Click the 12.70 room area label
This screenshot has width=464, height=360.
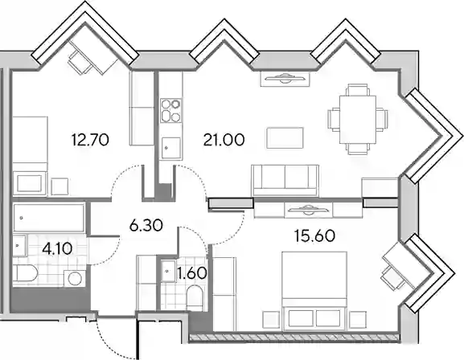pyautogui.click(x=90, y=140)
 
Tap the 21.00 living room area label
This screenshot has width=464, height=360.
pyautogui.click(x=224, y=140)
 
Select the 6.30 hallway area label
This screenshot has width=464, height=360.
pyautogui.click(x=146, y=226)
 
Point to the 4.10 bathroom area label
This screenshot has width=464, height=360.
pyautogui.click(x=57, y=248)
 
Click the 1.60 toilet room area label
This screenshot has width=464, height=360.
pyautogui.click(x=191, y=272)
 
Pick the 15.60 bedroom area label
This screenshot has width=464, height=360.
pyautogui.click(x=314, y=235)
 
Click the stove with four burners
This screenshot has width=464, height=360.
pyautogui.click(x=170, y=111)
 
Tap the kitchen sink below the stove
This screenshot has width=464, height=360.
pyautogui.click(x=170, y=148)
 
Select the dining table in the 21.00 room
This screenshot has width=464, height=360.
pyautogui.click(x=358, y=119)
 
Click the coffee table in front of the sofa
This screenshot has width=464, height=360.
pyautogui.click(x=285, y=137)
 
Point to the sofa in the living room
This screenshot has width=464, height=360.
pyautogui.click(x=285, y=181)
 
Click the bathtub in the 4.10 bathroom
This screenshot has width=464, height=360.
pyautogui.click(x=49, y=218)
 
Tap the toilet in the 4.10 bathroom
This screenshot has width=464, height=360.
pyautogui.click(x=25, y=274)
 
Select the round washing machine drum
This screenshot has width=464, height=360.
pyautogui.click(x=75, y=278)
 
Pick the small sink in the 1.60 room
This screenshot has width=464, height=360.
pyautogui.click(x=168, y=271)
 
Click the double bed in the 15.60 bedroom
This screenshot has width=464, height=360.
pyautogui.click(x=314, y=291)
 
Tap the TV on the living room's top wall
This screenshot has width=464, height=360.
pyautogui.click(x=285, y=79)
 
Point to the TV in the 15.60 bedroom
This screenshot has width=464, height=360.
pyautogui.click(x=308, y=210)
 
